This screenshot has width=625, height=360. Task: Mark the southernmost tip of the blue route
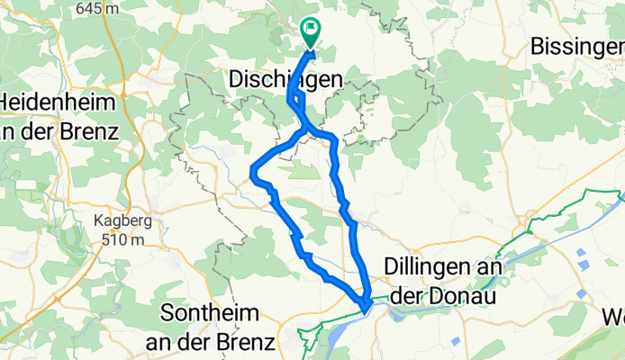364,310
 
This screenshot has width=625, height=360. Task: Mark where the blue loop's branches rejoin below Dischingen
306,131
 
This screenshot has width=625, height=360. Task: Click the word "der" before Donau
421,294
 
